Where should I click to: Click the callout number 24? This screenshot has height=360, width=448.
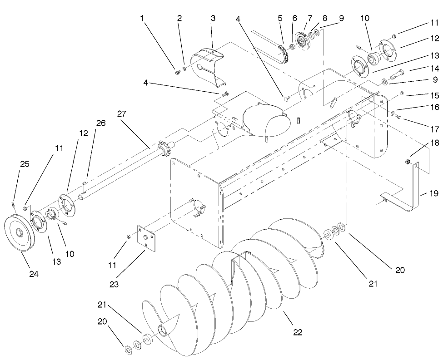click(x=34, y=274)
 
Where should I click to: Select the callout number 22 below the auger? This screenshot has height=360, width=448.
click(x=297, y=332)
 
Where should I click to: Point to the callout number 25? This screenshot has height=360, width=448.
click(x=25, y=164)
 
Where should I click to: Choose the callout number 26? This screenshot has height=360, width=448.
click(x=100, y=123)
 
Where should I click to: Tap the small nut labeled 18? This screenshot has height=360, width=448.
click(x=408, y=162)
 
